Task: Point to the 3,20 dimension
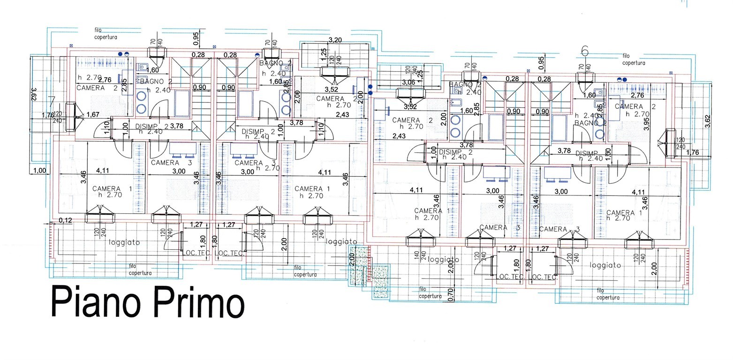pos(335,41)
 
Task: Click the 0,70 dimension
pos(451,294)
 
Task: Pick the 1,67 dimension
pos(93,114)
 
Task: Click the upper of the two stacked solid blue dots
pos(370,87)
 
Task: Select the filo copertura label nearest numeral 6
pos(634,59)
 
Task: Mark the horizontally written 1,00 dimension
pos(40,171)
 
